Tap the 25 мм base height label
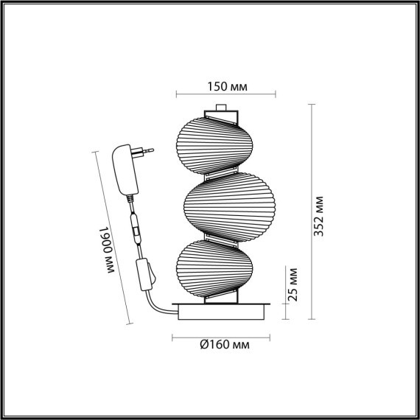tap(292, 284)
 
